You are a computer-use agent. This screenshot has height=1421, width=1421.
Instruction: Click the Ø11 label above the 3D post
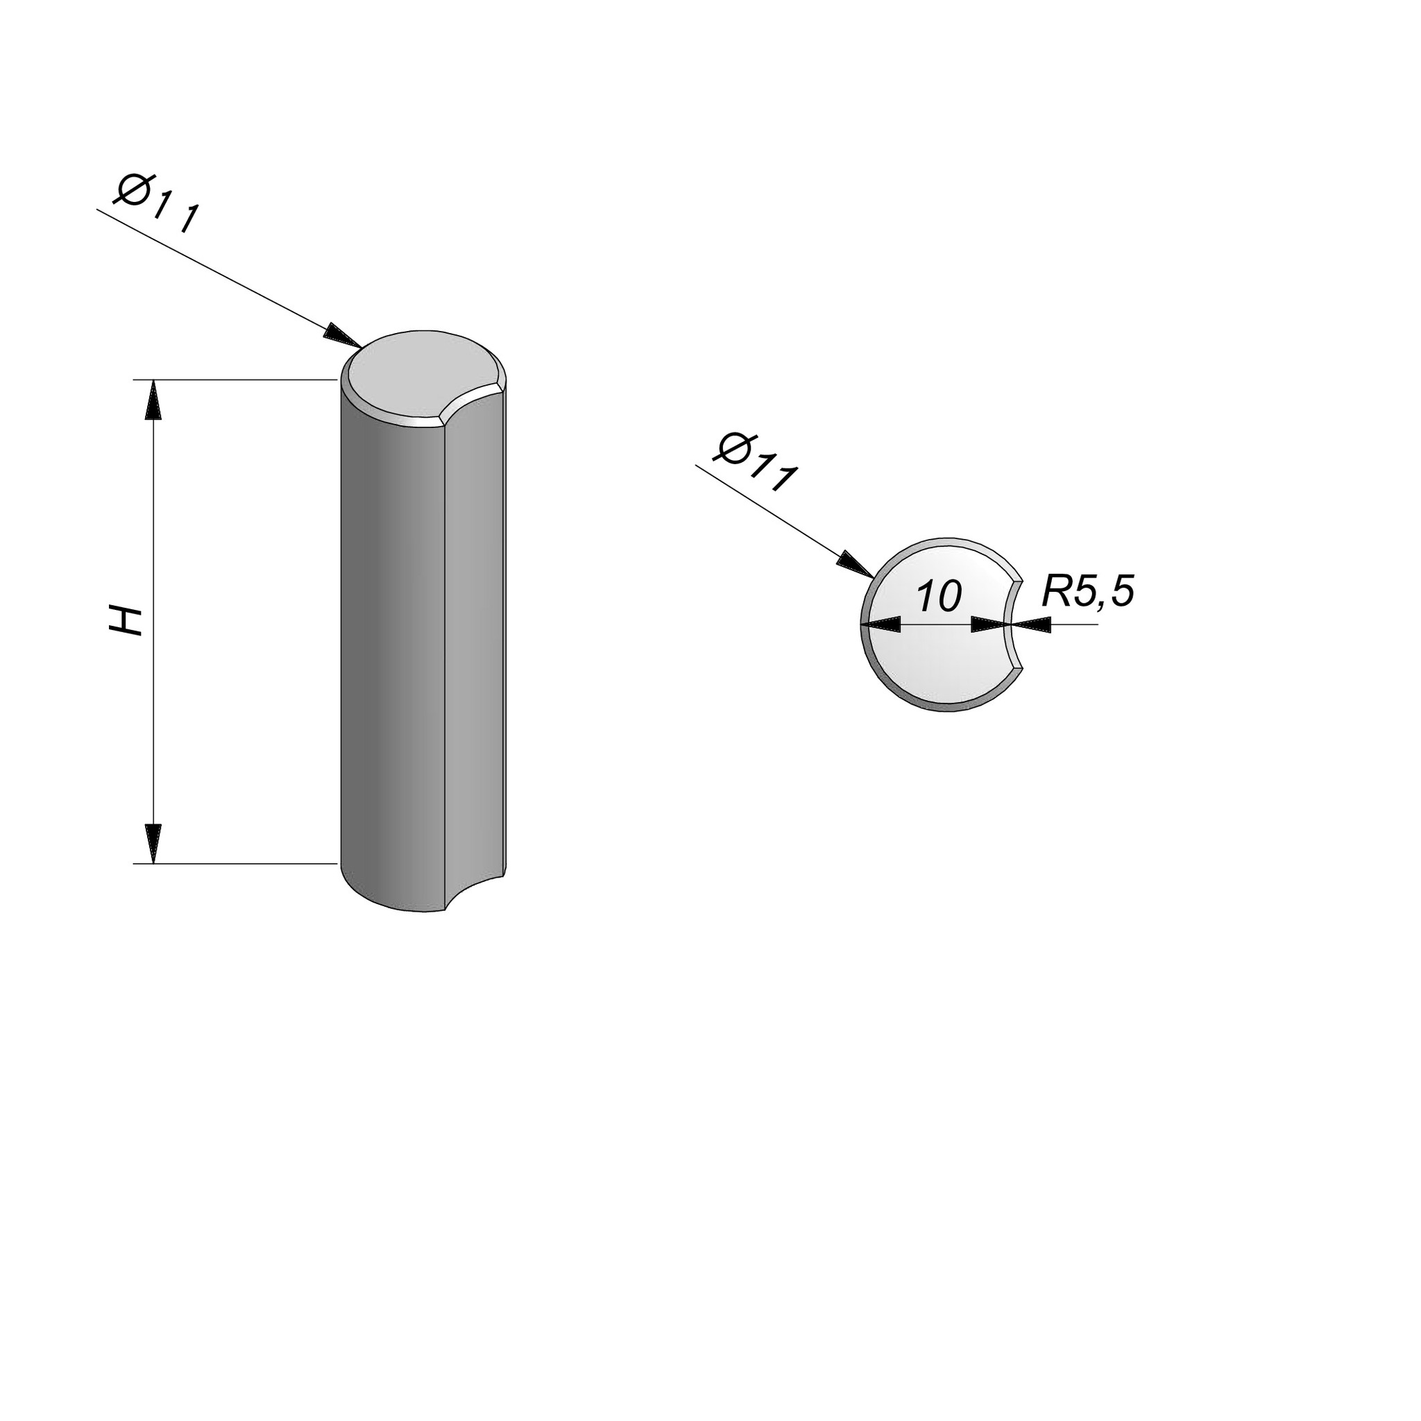pyautogui.click(x=156, y=204)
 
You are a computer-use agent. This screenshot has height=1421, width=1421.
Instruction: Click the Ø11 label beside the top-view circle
pyautogui.click(x=756, y=463)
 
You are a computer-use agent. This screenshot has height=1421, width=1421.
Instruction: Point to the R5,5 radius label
pyautogui.click(x=1089, y=591)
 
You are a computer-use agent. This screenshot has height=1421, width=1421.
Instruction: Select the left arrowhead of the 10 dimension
pyautogui.click(x=881, y=625)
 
